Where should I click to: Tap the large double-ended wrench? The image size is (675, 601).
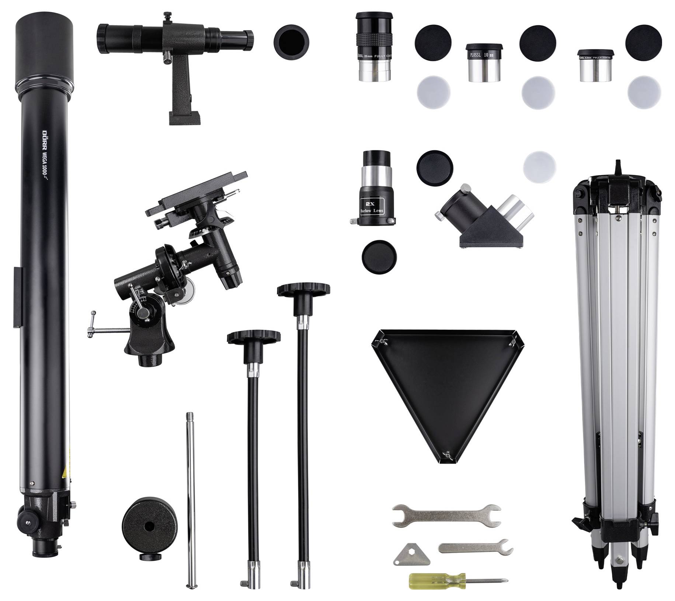click(446, 516)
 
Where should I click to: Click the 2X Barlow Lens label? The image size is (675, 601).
click(371, 207)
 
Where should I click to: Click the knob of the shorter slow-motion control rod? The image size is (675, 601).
click(254, 338)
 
